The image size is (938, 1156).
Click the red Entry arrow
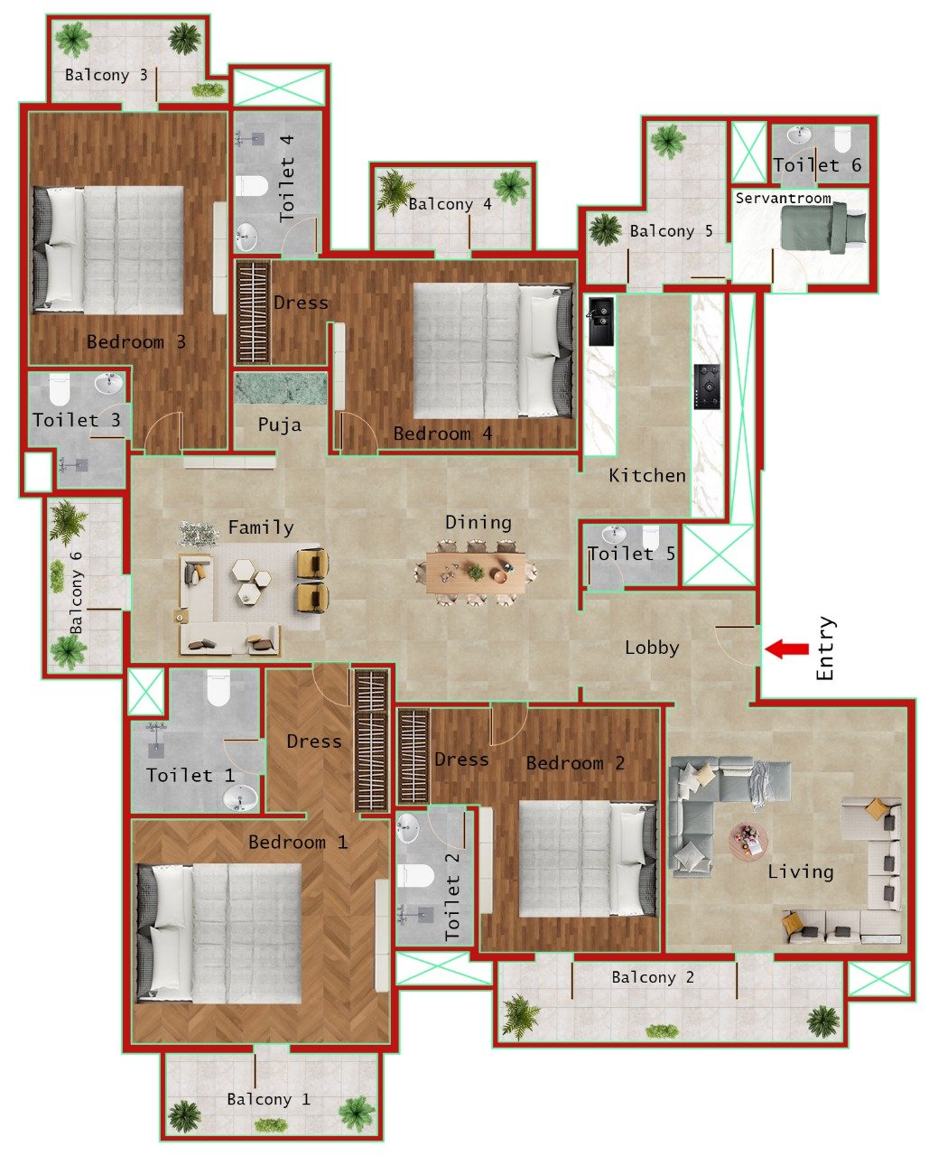tap(787, 648)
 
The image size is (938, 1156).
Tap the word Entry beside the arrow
tap(826, 648)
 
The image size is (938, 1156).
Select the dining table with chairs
tap(476, 573)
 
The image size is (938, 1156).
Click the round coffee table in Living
tap(749, 843)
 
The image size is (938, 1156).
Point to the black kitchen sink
tap(600, 321)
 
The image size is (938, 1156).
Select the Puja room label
tap(279, 424)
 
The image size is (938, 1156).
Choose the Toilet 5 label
tap(631, 554)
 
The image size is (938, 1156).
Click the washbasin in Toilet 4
tap(246, 238)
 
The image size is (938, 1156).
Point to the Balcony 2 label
tap(653, 977)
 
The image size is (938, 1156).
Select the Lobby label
tap(652, 648)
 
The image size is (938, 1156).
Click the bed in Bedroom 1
tap(218, 933)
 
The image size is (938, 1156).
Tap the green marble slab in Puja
tap(281, 388)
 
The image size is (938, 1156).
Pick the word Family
tap(260, 527)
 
